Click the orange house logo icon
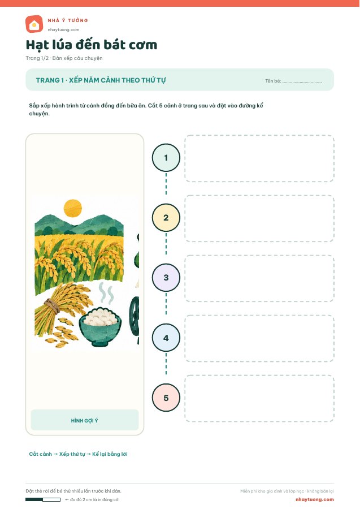[34, 24]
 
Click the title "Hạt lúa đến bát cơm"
[92, 45]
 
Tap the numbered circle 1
[166, 158]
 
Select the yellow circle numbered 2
[166, 218]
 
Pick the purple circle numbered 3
[166, 278]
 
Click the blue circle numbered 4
[166, 338]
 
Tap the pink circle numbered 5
[166, 398]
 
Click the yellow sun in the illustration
[73, 208]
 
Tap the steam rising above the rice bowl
[106, 293]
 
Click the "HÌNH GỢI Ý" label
[85, 420]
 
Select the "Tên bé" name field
[293, 81]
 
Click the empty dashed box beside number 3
[259, 278]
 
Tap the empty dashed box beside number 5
[259, 399]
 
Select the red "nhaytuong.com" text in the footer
[315, 499]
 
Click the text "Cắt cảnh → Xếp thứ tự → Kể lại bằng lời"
[78, 454]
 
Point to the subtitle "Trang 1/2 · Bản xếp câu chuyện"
[64, 58]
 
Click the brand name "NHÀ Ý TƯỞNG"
[68, 20]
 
